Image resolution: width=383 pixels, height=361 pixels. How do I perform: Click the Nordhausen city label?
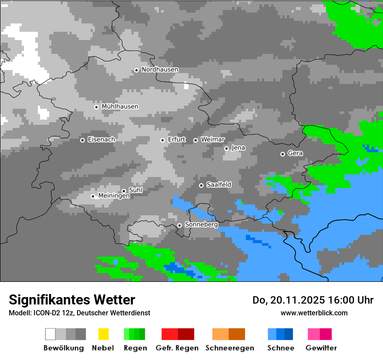click(160, 70)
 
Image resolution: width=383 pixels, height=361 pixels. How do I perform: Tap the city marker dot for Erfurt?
click(162, 140)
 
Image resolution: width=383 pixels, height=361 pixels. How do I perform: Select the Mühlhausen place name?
click(120, 107)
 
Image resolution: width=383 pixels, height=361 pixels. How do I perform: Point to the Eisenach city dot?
click(82, 140)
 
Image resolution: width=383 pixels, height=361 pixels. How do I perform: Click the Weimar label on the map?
click(212, 140)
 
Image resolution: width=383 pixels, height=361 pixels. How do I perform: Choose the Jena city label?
click(238, 148)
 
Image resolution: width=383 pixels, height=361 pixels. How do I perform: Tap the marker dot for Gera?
click(282, 154)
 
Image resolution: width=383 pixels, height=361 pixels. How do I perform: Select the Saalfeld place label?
click(218, 185)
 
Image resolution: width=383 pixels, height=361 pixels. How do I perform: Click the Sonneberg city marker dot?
click(179, 225)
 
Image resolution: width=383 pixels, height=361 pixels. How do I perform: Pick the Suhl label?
click(135, 190)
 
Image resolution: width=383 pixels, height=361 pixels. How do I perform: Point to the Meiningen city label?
click(114, 196)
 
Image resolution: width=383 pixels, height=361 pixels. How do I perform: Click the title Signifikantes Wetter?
click(72, 300)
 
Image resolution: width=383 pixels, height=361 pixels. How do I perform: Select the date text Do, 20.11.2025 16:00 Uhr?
click(312, 300)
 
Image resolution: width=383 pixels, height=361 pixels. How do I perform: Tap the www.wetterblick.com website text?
click(314, 313)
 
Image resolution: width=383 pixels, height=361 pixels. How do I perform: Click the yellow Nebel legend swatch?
click(103, 334)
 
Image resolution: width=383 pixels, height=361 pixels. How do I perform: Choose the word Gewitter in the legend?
click(321, 348)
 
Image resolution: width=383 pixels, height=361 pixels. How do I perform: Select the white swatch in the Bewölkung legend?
click(50, 334)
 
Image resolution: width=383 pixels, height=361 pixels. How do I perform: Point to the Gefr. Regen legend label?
click(177, 348)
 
